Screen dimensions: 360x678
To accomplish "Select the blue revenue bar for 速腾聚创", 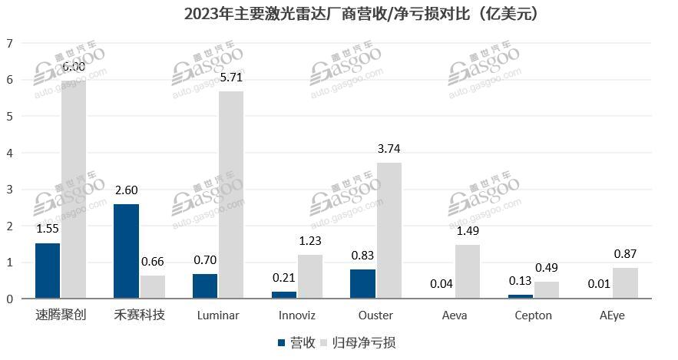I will (x=48, y=270).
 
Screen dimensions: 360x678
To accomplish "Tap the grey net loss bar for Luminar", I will (x=231, y=194).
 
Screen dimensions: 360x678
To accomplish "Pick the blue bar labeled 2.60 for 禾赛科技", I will (x=126, y=251).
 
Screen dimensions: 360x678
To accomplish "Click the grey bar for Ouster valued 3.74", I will (x=389, y=230).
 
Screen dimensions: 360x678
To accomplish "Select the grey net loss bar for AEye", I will (x=625, y=282).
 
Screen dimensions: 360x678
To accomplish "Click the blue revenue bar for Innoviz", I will (x=283, y=295).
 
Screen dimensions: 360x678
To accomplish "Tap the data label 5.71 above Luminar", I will (x=231, y=78).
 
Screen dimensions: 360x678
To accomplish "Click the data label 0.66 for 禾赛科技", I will (x=152, y=262).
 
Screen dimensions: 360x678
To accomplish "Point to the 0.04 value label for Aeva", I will (x=441, y=284).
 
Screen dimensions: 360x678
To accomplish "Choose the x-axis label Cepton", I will (x=533, y=315).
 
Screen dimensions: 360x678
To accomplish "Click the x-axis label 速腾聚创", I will (x=60, y=315).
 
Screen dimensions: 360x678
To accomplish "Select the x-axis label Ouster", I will (x=375, y=315).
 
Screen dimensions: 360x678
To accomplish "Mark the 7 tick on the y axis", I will (x=10, y=44).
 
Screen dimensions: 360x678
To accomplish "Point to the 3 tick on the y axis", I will (x=10, y=190).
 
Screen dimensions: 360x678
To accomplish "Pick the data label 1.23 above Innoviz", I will (x=309, y=241).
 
